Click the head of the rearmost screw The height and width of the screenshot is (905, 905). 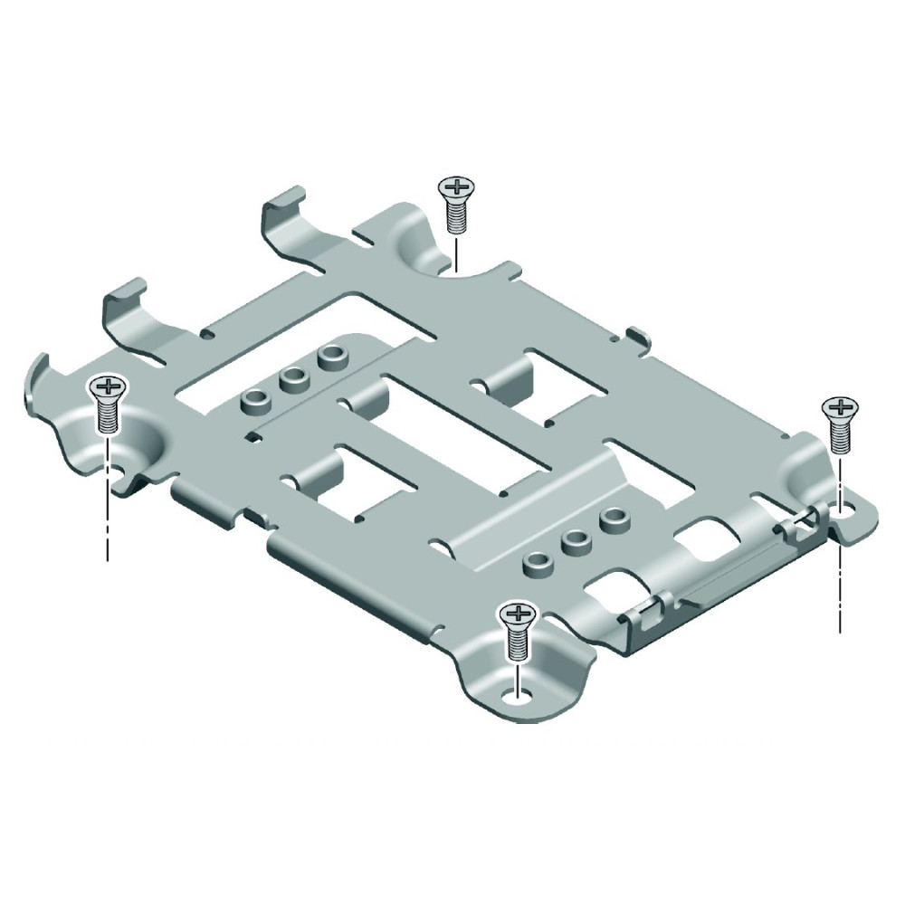(456, 188)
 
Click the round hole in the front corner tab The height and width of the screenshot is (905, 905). (517, 695)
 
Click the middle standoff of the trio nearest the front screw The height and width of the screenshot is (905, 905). (573, 543)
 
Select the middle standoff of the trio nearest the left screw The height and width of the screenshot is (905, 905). (291, 379)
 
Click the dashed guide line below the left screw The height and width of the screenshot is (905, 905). (108, 516)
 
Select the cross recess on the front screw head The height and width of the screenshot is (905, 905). (516, 614)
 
